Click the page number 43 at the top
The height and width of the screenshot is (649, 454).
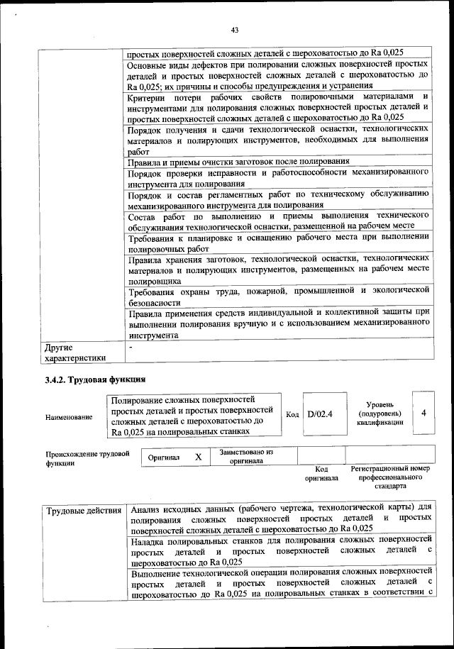235,30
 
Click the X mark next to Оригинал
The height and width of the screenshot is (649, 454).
199,457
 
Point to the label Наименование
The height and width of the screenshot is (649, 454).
69,417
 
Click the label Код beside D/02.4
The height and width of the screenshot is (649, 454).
292,414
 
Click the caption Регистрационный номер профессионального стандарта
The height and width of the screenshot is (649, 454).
390,478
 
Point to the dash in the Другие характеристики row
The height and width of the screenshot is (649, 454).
131,347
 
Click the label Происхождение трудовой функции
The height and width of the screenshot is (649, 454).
87,457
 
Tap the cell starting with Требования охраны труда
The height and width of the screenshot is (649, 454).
278,295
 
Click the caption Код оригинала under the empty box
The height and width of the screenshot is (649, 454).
321,474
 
